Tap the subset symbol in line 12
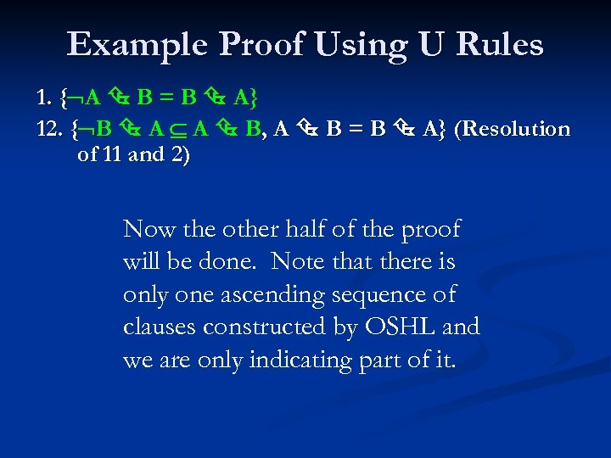click(x=180, y=130)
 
